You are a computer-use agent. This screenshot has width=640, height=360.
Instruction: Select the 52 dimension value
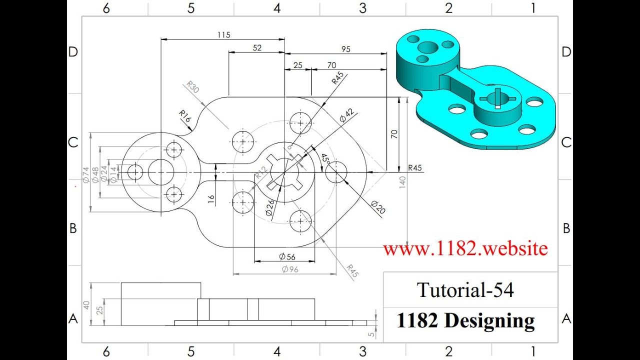click(257, 48)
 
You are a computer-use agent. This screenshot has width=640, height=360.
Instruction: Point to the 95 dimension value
click(345, 49)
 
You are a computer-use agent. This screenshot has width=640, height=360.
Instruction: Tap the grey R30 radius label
click(192, 86)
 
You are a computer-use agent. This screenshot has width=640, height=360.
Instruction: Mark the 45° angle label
click(324, 159)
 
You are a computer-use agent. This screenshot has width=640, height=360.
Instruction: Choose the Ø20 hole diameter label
click(378, 207)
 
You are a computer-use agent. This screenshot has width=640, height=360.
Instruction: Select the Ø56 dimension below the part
click(287, 256)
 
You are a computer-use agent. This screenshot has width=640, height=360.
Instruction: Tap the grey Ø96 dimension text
click(290, 269)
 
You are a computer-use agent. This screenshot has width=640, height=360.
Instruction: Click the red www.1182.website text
click(465, 248)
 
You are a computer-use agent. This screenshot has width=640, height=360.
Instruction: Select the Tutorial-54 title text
click(465, 290)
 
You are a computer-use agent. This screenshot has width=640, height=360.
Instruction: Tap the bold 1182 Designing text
click(465, 320)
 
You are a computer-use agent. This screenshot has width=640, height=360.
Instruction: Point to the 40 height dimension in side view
click(86, 304)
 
